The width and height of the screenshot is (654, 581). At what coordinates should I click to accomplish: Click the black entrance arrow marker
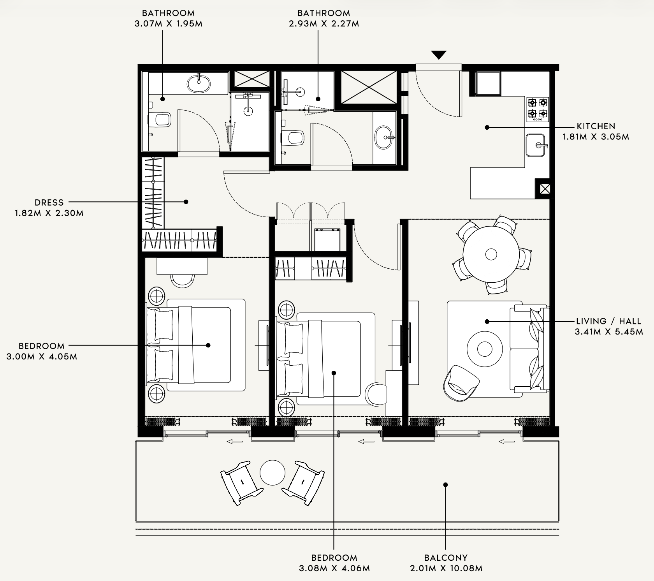(439, 55)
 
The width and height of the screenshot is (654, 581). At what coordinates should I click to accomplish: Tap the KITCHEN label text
(596, 126)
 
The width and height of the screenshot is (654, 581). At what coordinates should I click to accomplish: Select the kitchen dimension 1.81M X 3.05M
(596, 137)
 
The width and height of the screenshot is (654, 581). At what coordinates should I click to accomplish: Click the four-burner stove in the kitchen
(538, 109)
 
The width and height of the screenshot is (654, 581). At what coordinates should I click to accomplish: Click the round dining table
(491, 255)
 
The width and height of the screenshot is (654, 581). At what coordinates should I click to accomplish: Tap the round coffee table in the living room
(485, 349)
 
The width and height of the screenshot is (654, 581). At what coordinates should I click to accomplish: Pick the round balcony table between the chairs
(272, 472)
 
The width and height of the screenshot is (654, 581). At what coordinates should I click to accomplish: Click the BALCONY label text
(446, 558)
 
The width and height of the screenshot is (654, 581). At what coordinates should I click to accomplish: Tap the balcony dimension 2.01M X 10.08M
(446, 569)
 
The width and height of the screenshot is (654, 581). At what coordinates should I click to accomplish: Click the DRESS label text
(49, 202)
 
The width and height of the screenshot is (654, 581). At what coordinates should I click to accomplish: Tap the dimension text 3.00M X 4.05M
(42, 357)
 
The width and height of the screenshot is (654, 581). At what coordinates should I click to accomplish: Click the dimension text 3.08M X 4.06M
(334, 569)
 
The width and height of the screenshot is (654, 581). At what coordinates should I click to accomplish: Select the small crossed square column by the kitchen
(545, 189)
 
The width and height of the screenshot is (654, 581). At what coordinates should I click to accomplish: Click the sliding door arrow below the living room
(506, 442)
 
